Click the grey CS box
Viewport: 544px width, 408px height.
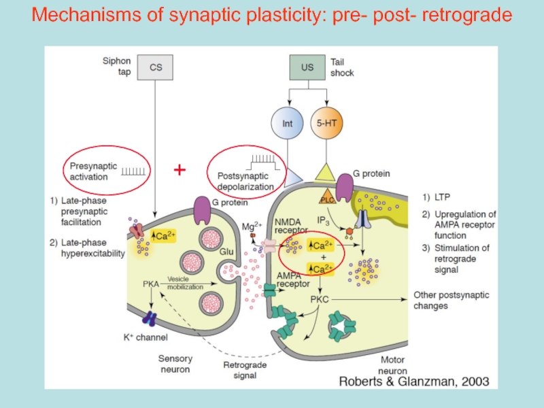[156, 68]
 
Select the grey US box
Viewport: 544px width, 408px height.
[307, 68]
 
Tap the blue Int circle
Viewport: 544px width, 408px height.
[287, 124]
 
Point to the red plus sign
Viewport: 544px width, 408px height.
[180, 169]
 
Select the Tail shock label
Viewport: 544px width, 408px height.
[341, 67]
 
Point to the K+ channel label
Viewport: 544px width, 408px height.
[146, 337]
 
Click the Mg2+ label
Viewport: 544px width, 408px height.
[253, 226]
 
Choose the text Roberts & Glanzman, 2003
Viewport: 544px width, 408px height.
[413, 381]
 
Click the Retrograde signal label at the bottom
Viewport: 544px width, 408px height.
[240, 368]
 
